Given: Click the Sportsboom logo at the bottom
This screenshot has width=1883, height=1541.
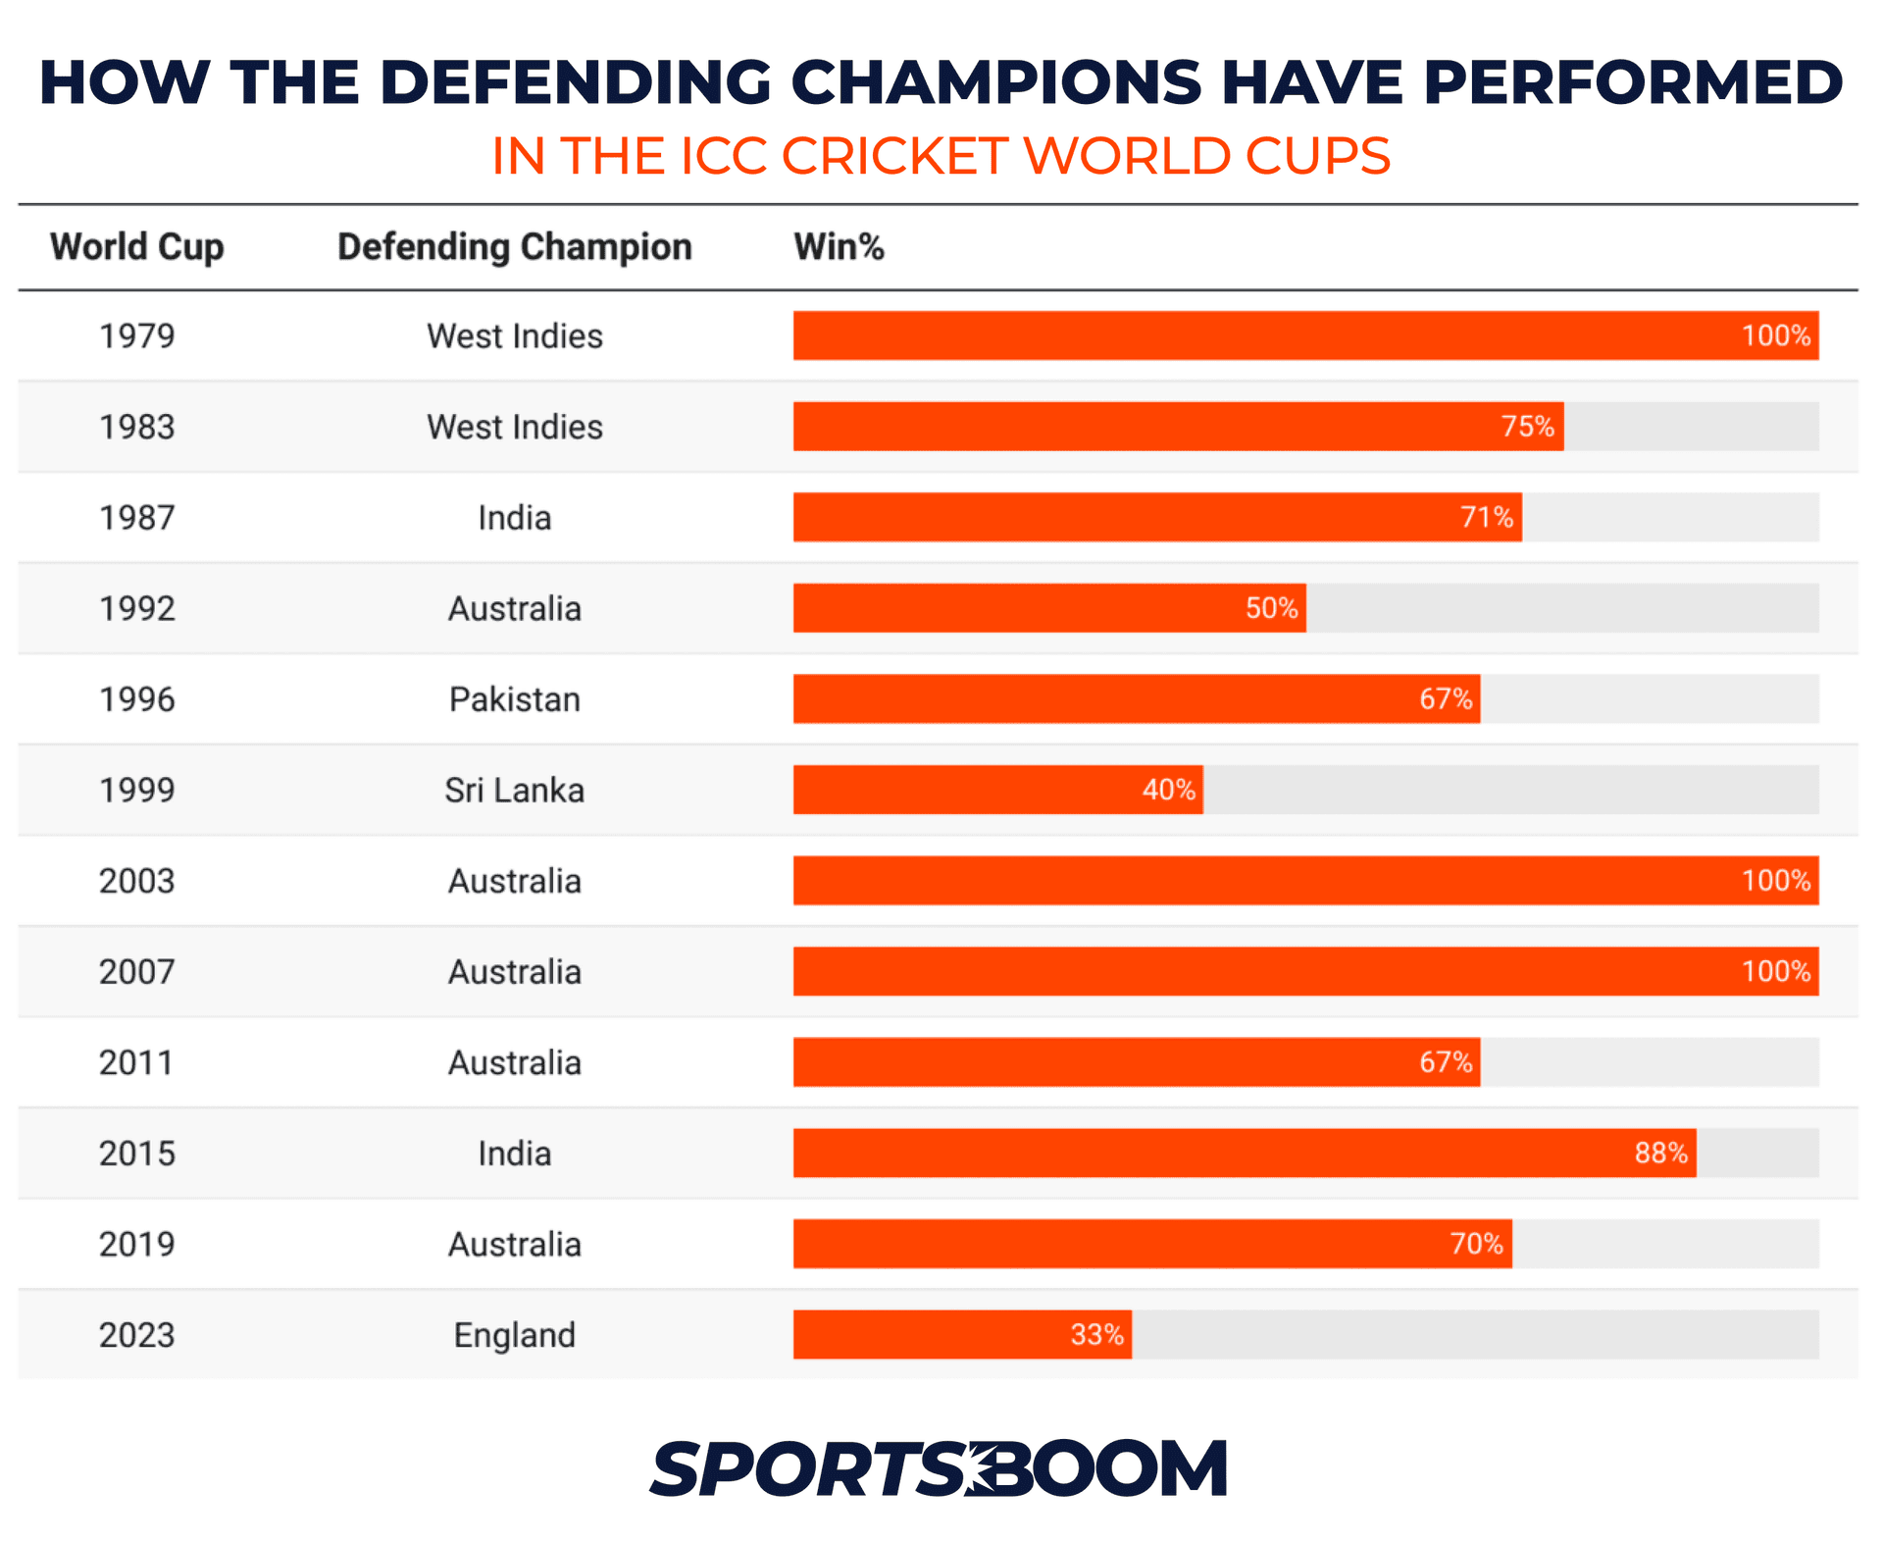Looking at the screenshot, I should tap(939, 1468).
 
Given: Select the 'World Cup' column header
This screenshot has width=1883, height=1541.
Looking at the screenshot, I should tap(137, 247).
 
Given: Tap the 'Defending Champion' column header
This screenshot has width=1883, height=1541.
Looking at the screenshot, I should tap(515, 247).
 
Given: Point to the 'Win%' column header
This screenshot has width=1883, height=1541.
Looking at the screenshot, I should tap(840, 247).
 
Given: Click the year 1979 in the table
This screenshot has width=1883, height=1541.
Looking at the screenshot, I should tap(137, 336).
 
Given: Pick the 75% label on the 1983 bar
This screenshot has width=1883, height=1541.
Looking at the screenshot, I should tap(1527, 427).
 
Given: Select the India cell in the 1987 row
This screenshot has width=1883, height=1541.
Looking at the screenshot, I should tap(515, 518).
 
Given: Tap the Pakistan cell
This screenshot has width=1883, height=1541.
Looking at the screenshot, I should tap(515, 699).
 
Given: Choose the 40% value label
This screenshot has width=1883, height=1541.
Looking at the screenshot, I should tap(1168, 790).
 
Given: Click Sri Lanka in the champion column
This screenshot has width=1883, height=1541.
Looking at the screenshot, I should tap(515, 791).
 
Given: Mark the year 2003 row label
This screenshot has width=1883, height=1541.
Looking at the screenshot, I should tap(137, 881).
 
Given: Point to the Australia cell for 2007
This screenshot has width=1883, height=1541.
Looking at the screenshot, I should tap(515, 972).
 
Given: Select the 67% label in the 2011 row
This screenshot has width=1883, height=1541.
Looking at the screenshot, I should tap(1446, 1062).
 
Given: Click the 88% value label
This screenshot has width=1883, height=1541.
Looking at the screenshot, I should tap(1660, 1153).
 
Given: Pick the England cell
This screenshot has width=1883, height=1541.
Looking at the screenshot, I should tap(515, 1335).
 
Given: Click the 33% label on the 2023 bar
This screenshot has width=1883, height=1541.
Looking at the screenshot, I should tap(1096, 1334).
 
